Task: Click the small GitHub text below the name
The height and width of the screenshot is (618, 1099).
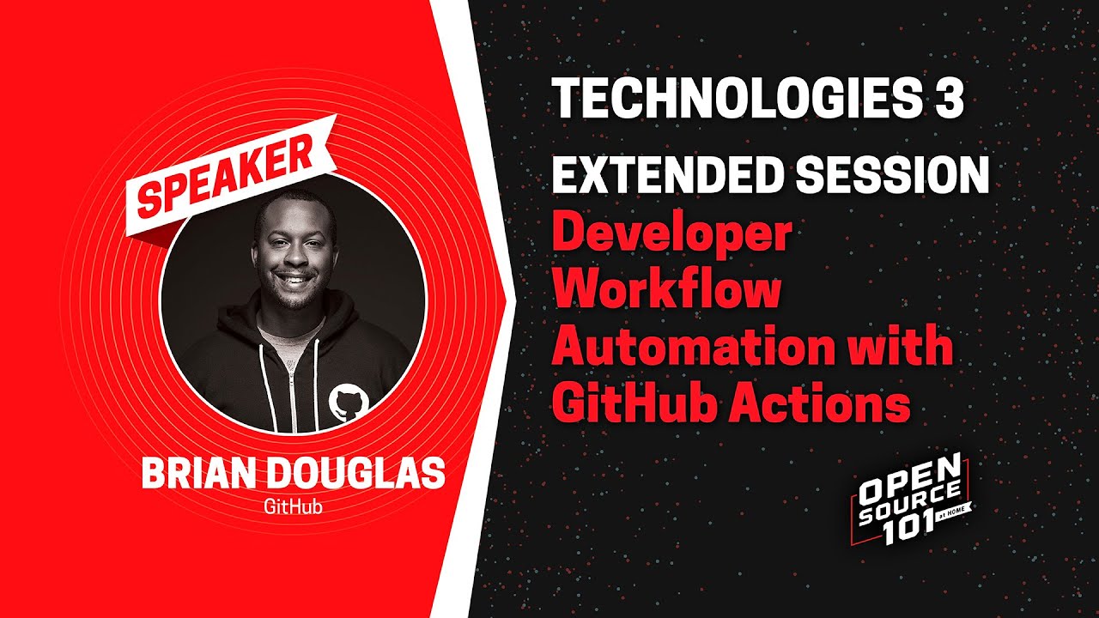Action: tap(294, 506)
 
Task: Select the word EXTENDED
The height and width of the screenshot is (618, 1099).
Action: tap(666, 175)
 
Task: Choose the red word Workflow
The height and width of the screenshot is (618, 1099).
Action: tap(667, 291)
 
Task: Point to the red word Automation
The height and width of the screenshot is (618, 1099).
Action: tap(693, 348)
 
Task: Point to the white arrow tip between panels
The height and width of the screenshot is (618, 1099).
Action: tap(513, 300)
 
